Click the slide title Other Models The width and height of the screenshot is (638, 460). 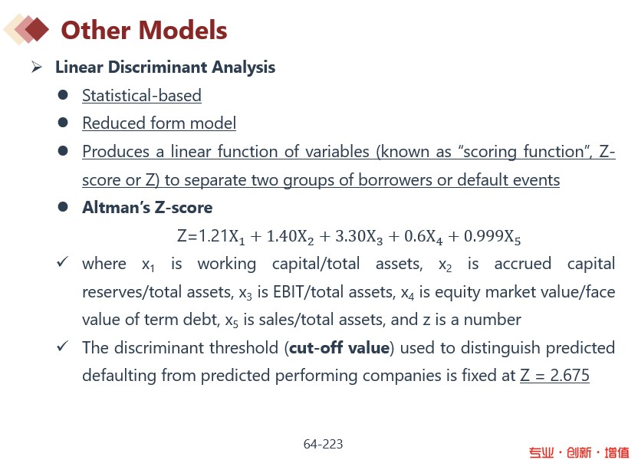[144, 30]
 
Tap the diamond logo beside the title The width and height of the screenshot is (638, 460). [26, 29]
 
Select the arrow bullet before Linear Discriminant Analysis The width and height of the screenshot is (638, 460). [37, 67]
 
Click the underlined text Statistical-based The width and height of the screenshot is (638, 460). [142, 96]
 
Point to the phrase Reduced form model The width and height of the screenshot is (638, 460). [159, 123]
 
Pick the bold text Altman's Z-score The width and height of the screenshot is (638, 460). [147, 208]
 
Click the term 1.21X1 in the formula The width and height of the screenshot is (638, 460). [222, 236]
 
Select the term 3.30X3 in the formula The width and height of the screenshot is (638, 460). [359, 236]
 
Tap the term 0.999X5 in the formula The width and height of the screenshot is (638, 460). [492, 236]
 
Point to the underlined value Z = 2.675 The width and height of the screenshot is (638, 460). [554, 375]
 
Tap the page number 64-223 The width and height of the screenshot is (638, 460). [323, 444]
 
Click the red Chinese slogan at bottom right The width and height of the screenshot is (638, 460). [579, 452]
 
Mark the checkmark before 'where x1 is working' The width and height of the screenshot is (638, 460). [62, 261]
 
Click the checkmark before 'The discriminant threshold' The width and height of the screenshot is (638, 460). [62, 346]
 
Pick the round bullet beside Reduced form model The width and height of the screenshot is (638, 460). [63, 123]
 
